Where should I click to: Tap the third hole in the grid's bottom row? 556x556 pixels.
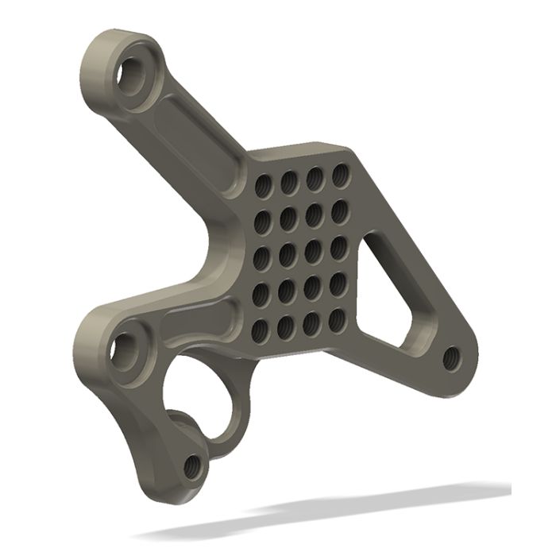(x=312, y=321)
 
